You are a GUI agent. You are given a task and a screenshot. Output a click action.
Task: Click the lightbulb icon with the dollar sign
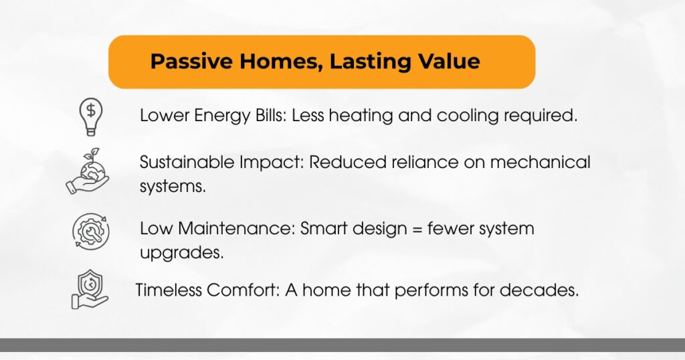click(91, 116)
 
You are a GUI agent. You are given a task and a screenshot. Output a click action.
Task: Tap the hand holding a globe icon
click(88, 171)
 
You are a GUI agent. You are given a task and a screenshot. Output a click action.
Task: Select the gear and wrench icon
click(91, 231)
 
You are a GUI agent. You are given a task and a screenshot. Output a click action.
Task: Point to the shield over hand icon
click(90, 289)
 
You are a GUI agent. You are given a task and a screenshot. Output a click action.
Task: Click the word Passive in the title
click(191, 61)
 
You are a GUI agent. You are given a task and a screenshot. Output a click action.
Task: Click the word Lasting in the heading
click(370, 61)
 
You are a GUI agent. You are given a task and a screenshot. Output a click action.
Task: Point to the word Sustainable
click(187, 162)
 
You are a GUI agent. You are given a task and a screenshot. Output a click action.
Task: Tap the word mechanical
click(540, 162)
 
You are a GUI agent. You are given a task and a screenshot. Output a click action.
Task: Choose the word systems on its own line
click(173, 187)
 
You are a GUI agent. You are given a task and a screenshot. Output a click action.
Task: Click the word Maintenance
click(237, 228)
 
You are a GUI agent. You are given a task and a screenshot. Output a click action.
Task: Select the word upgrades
click(182, 253)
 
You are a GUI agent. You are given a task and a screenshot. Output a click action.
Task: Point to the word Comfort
click(243, 290)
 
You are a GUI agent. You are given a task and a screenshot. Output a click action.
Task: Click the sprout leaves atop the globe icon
click(92, 154)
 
